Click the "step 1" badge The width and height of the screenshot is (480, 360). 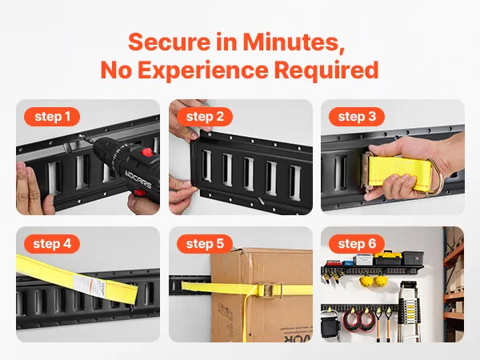coord(52,117)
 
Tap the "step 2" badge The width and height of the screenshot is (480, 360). coord(205,117)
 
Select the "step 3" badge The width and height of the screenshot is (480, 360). coord(357,117)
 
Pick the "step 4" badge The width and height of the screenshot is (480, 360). coord(52,244)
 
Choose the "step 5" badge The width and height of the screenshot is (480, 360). coord(205,244)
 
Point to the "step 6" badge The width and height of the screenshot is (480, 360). coord(357,244)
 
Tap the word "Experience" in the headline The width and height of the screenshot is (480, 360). coord(203,70)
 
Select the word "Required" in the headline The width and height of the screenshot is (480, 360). coord(326,70)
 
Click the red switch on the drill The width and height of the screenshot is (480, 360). coord(147,152)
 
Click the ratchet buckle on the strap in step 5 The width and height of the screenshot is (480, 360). coord(270,290)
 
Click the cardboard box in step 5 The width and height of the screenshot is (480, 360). coord(262,295)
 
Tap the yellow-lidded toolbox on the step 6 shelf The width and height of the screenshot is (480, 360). coord(387,258)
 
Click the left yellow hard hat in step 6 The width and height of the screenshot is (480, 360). coord(366,281)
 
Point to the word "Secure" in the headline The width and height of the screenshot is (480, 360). coord(170,42)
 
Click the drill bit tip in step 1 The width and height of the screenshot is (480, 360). coord(79,136)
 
